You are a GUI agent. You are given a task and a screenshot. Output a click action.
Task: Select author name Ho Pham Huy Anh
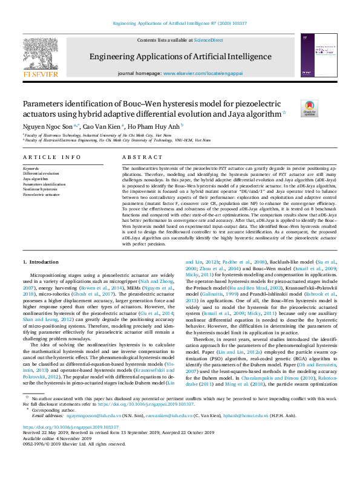[x=154, y=126]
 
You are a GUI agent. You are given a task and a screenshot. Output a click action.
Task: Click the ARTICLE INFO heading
[x=51, y=157]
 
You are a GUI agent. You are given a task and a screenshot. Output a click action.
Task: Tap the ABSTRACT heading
[x=138, y=157]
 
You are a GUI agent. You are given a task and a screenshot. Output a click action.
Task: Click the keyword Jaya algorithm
[x=35, y=179]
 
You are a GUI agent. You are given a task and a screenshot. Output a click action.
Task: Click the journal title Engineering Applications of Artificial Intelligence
[x=180, y=57]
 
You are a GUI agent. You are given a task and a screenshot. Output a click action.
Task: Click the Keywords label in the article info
[x=31, y=168]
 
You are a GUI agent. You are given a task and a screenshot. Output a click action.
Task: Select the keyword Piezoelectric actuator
[x=41, y=195]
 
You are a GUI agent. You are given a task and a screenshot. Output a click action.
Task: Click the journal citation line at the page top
[x=180, y=24]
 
